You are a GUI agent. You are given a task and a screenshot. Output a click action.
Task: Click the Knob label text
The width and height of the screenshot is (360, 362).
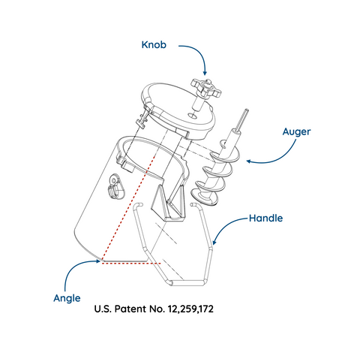[x=154, y=45]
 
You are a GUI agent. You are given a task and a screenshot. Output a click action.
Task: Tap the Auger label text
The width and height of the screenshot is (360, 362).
[x=296, y=131]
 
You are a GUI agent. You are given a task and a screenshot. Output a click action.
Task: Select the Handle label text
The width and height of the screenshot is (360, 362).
[x=266, y=219]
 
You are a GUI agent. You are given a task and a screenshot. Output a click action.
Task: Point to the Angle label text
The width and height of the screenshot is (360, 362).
[x=67, y=298]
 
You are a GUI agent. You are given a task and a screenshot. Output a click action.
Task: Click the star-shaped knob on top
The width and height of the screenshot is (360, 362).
[x=206, y=88]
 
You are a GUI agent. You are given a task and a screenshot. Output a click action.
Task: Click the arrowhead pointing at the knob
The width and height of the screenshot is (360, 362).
[x=205, y=73]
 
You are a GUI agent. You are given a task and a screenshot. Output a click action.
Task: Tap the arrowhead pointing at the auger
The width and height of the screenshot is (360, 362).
[x=249, y=161]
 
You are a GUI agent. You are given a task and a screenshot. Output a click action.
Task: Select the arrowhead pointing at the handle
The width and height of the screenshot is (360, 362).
[x=214, y=242]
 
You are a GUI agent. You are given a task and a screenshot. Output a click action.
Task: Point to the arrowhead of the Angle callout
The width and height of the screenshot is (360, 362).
[x=98, y=261]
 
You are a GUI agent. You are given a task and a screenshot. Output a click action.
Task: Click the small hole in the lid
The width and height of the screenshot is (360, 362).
[x=192, y=116]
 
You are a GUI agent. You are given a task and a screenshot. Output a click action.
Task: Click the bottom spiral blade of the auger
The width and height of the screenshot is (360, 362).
[x=204, y=197]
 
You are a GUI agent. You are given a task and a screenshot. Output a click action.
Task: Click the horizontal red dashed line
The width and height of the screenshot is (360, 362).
[x=131, y=264]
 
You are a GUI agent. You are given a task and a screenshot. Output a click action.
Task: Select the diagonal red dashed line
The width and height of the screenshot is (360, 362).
[x=129, y=207]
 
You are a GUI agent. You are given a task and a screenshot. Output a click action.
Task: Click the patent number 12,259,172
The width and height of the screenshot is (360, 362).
[x=190, y=309]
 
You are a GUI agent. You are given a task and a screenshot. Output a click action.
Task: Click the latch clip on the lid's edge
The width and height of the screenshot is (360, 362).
[x=142, y=118]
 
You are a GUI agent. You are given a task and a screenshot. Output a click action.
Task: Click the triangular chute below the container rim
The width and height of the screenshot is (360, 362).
[x=168, y=203]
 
